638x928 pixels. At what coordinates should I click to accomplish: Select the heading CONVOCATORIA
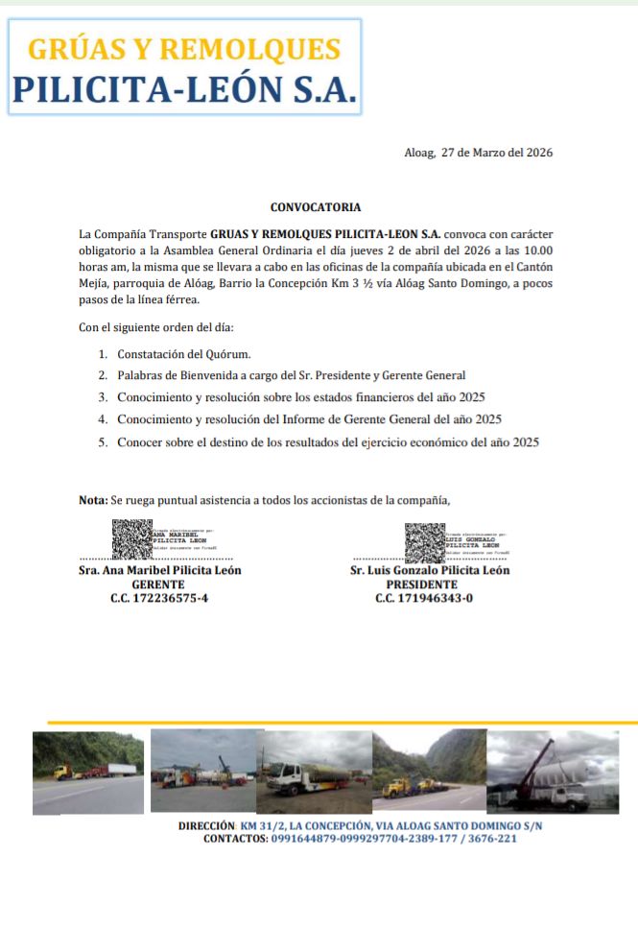coord(316,206)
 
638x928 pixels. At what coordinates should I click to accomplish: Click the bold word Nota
coord(92,500)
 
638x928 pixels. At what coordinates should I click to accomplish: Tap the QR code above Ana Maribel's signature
coord(132,538)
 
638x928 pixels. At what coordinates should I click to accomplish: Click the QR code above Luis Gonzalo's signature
coord(424,543)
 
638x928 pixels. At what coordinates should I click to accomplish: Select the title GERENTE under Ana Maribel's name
coord(159,583)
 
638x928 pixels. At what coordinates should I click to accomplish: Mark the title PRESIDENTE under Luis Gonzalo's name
coord(422,583)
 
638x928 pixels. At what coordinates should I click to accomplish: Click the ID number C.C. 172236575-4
coord(159,598)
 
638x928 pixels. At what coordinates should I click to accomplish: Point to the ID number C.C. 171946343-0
coord(424,598)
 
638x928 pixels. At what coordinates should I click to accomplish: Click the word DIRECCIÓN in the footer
coord(206,826)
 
